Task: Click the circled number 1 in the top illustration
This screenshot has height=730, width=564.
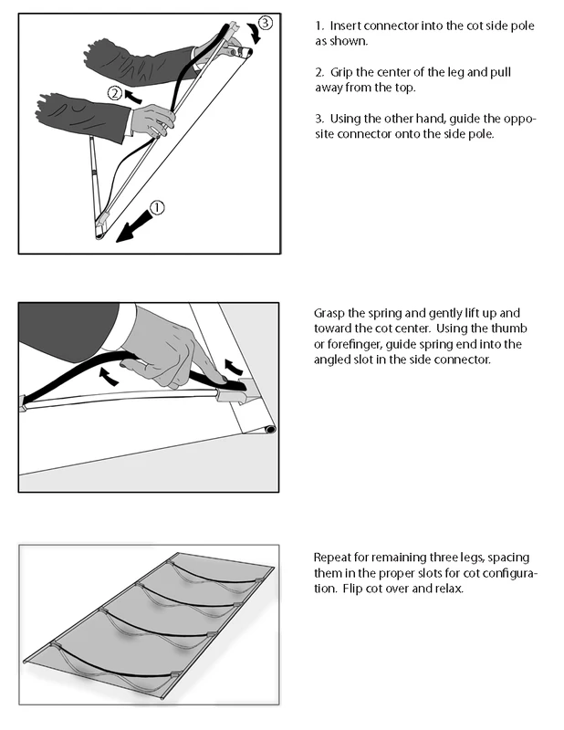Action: [x=157, y=207]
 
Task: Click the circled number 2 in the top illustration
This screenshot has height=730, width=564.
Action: [x=115, y=94]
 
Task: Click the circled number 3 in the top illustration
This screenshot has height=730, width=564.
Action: [x=265, y=22]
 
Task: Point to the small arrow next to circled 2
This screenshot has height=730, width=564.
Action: [x=133, y=97]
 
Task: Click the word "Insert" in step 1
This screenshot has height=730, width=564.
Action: [x=345, y=26]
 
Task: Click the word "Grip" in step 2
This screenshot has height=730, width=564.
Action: [x=341, y=73]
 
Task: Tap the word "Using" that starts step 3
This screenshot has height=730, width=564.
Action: [x=346, y=120]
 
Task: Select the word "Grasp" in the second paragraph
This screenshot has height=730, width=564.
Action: [x=329, y=313]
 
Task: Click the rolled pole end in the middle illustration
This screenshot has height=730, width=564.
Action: [x=269, y=429]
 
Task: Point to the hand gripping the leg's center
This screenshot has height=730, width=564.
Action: [x=152, y=120]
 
